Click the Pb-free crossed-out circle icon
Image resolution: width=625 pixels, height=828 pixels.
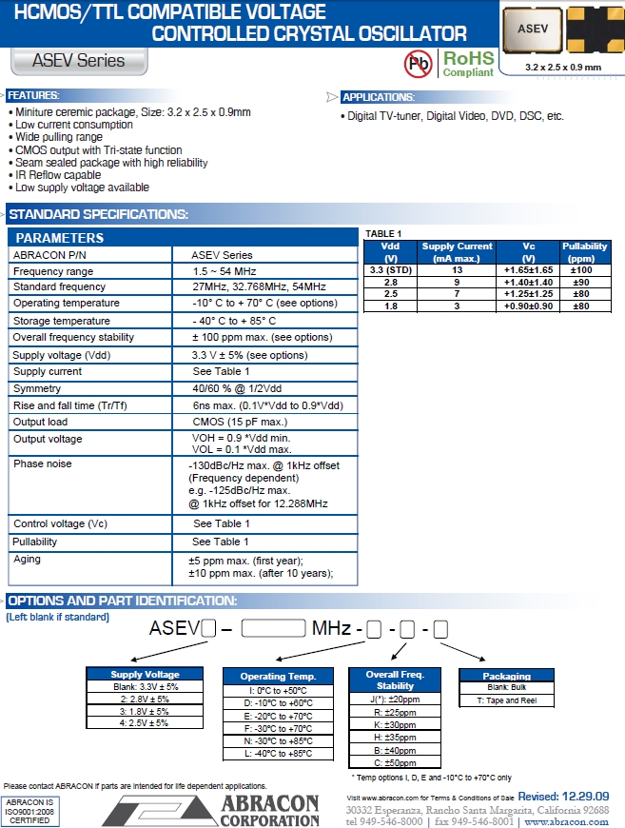click(418, 64)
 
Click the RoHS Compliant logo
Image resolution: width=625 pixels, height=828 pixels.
click(468, 64)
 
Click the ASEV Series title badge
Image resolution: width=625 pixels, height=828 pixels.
click(79, 61)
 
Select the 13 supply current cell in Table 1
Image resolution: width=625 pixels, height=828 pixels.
click(457, 270)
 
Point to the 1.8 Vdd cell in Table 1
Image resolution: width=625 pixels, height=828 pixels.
click(390, 306)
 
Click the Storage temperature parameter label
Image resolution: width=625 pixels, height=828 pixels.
click(62, 321)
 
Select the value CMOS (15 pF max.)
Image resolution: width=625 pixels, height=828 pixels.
click(240, 422)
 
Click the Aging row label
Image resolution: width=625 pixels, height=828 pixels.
click(28, 560)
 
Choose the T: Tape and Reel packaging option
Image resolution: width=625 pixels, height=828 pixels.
click(506, 700)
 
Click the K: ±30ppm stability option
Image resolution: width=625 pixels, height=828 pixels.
click(396, 724)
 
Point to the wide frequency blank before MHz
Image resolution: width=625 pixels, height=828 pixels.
click(275, 628)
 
